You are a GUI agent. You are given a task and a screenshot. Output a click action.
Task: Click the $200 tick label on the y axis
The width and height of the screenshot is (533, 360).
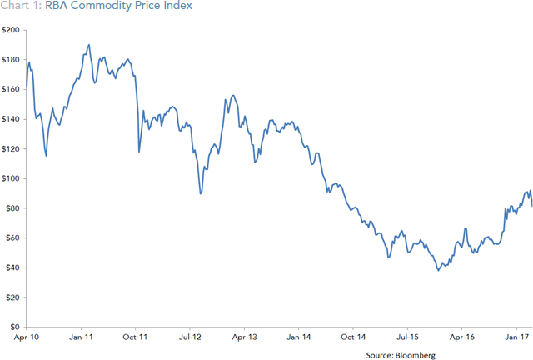[x=12, y=30]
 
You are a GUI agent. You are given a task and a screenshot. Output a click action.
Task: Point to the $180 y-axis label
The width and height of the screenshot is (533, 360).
[x=12, y=60]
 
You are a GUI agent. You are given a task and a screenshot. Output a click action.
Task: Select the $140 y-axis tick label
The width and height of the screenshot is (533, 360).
[x=12, y=119]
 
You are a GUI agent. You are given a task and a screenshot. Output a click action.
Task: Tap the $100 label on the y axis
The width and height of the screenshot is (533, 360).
[x=12, y=178]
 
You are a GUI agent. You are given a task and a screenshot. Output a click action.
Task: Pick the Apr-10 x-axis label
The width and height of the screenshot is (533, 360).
[x=27, y=337]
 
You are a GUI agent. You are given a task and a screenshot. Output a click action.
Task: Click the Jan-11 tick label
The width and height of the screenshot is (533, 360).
[x=81, y=337]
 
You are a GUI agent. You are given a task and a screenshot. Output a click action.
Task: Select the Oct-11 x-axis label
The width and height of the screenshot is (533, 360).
[x=135, y=337]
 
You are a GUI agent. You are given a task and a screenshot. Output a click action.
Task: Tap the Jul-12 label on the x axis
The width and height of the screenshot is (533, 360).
[x=190, y=337]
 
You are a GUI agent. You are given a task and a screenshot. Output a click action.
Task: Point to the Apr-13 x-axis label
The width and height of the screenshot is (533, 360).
[x=244, y=337]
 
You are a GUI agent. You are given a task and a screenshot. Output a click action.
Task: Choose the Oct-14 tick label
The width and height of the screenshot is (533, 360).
[x=353, y=337]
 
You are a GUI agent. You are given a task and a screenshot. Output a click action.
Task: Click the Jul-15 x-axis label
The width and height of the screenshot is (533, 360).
[x=407, y=337]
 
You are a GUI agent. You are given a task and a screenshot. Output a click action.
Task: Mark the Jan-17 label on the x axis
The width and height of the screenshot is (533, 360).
[x=516, y=337]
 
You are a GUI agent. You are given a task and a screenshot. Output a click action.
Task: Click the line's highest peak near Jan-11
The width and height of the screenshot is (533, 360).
[x=89, y=45]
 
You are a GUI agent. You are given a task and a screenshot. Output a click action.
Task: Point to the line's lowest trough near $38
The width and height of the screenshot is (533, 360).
[x=438, y=270]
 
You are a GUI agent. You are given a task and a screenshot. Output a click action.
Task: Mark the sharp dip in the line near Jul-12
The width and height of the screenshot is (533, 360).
[x=201, y=193]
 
